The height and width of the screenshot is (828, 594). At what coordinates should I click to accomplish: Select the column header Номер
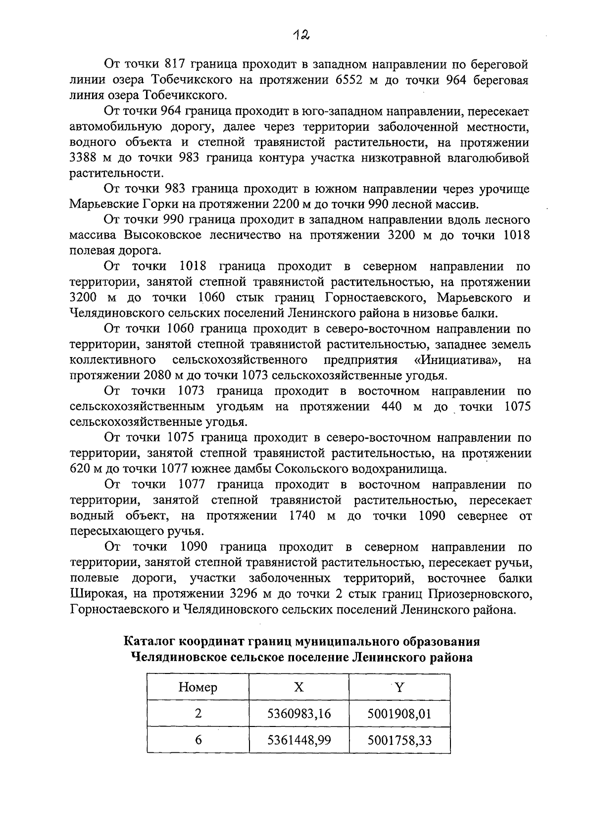[x=198, y=687]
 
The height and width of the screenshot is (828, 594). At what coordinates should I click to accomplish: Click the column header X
[x=298, y=687]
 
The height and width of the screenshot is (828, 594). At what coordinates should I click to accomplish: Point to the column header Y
[x=399, y=687]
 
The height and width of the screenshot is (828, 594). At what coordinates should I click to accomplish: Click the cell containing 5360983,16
[x=299, y=714]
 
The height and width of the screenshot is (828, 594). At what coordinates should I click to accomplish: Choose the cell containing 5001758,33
[x=399, y=740]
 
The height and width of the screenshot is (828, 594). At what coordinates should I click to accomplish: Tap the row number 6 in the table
[x=198, y=740]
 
